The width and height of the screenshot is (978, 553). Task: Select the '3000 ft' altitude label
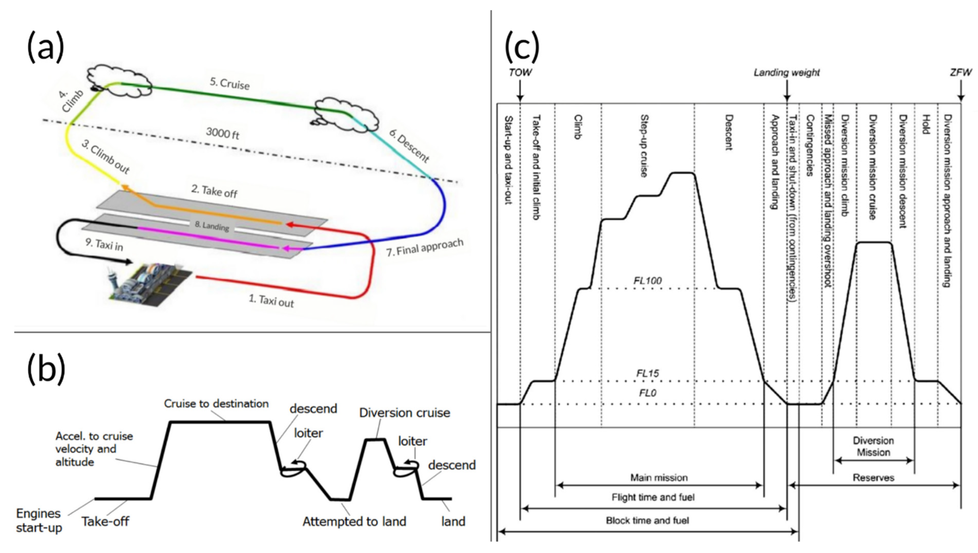223,133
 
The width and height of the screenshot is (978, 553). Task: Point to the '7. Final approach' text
425,247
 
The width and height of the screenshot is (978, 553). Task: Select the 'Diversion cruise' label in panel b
405,413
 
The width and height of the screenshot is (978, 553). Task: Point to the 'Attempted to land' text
354,522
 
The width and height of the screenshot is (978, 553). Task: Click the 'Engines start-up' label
39,520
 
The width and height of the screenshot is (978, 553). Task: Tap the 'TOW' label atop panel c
520,72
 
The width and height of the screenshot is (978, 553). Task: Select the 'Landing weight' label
787,72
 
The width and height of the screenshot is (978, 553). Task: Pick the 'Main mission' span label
659,477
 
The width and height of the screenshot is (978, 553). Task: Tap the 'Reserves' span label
874,477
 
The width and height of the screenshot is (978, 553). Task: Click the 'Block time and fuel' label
647,520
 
